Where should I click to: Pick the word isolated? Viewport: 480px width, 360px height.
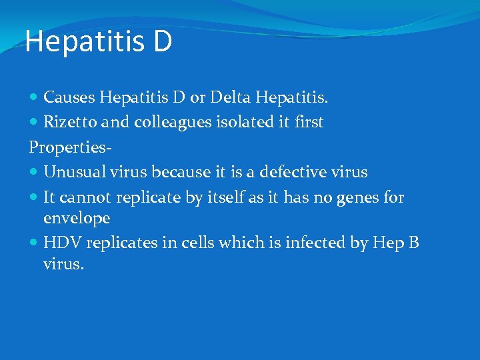click(x=248, y=123)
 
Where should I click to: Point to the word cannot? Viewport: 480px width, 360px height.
click(x=90, y=197)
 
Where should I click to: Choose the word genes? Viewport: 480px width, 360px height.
click(x=354, y=197)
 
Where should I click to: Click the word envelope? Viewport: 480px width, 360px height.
click(x=77, y=217)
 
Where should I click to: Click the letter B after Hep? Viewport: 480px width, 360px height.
click(x=413, y=242)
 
